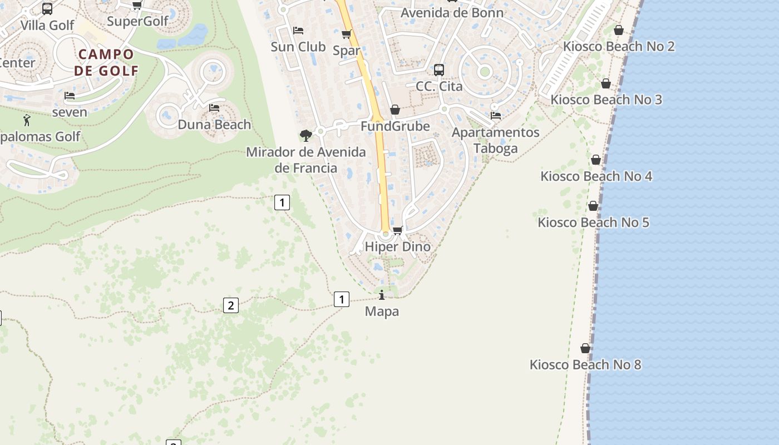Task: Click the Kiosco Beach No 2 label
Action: click(619, 47)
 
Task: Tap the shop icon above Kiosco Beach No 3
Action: click(606, 84)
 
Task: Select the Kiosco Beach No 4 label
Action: click(596, 176)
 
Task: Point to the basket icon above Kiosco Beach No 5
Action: click(593, 206)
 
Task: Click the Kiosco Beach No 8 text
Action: click(585, 365)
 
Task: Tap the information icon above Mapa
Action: click(382, 295)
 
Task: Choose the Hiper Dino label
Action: click(397, 246)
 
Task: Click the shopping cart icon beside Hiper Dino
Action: click(397, 230)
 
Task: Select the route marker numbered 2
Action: click(231, 305)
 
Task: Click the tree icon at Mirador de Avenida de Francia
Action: click(305, 135)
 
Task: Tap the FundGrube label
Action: click(395, 126)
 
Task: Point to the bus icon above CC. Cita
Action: click(439, 70)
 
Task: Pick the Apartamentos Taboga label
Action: click(495, 140)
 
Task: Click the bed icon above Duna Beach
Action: click(214, 108)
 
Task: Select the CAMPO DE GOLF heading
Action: click(106, 62)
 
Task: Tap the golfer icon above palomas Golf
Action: click(27, 120)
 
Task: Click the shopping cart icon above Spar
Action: click(346, 34)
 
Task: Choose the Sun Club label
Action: click(298, 47)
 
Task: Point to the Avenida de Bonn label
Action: click(452, 13)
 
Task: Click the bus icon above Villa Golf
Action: click(47, 9)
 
